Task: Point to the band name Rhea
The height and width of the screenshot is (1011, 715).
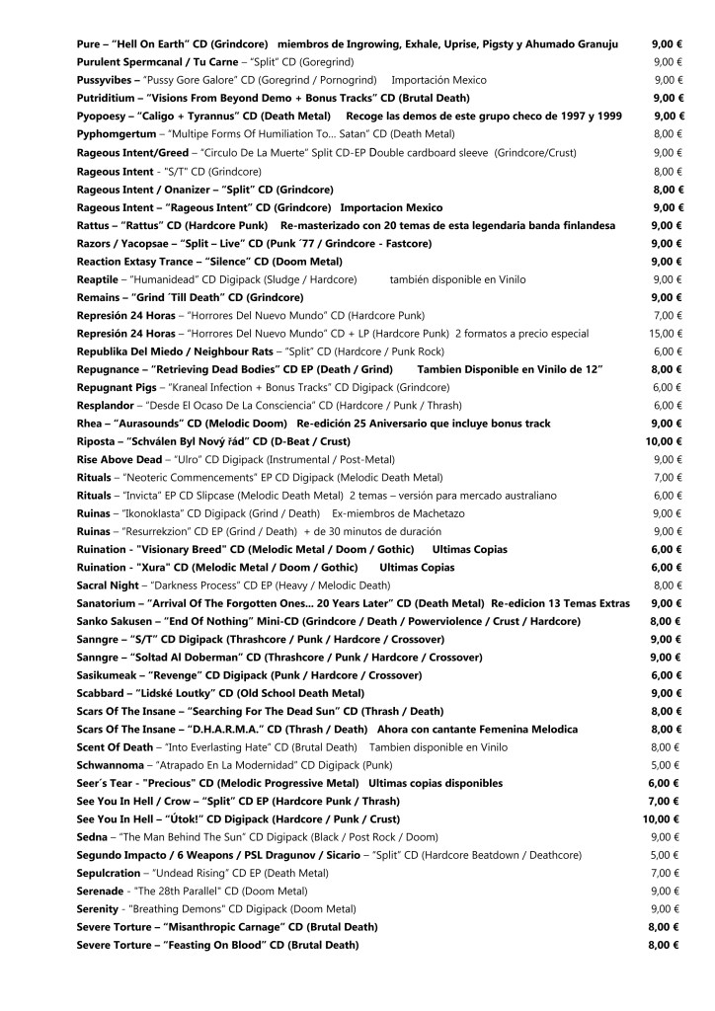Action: [92, 424]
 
